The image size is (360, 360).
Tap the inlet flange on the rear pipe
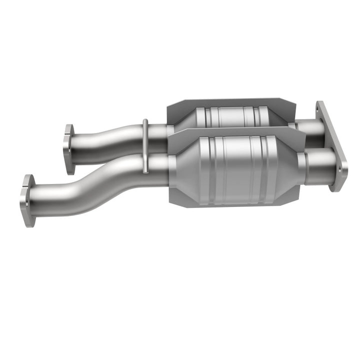click(x=68, y=149)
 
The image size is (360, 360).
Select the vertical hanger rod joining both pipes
click(x=145, y=146)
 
